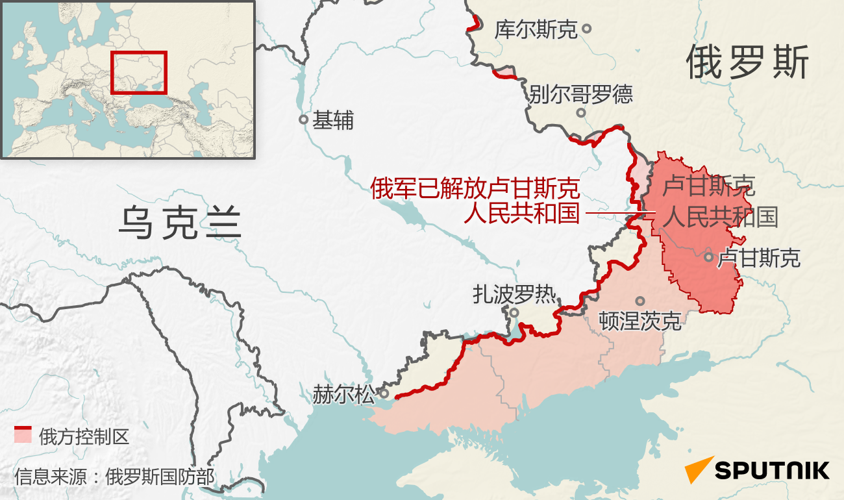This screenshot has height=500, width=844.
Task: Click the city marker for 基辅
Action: pos(303,119)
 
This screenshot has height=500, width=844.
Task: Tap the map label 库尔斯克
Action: pos(536,29)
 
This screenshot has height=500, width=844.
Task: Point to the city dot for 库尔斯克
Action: pos(586,29)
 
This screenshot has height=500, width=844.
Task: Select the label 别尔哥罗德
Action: pos(580,95)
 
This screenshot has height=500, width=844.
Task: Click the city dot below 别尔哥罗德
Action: pos(581,112)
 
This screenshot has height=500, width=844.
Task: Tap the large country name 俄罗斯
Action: pos(748,64)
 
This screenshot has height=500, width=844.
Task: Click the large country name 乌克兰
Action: pos(180,223)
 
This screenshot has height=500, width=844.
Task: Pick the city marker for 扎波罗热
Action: pos(514,312)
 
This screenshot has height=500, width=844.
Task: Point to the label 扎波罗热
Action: pos(514,295)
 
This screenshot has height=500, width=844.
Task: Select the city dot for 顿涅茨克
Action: pos(640,301)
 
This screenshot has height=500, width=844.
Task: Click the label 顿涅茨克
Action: pos(640,320)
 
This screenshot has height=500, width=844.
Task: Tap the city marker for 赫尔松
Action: pos(384,394)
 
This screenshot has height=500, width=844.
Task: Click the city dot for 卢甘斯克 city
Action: pos(708,256)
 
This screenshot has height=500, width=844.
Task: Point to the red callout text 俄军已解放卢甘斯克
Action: pos(475,189)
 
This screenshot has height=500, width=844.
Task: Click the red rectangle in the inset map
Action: pos(139,72)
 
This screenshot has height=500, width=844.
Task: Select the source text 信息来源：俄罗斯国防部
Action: pos(114,477)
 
